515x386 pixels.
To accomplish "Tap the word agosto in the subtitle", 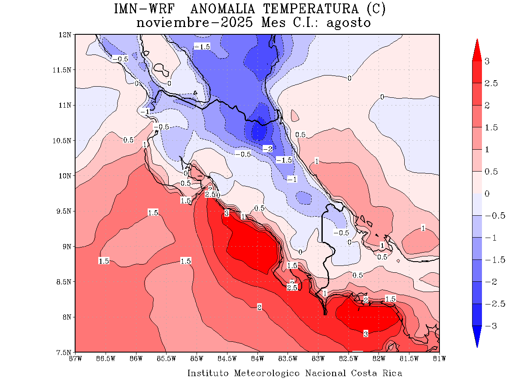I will pyautogui.click(x=348, y=22).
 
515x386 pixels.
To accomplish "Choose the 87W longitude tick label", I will pyautogui.click(x=76, y=358).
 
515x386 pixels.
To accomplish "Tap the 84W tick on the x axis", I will pyautogui.click(x=257, y=358).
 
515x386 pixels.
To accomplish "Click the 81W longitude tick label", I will pyautogui.click(x=439, y=358).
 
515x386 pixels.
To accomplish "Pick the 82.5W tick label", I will pyautogui.click(x=348, y=358).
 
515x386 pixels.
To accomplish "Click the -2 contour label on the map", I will pyautogui.click(x=268, y=148).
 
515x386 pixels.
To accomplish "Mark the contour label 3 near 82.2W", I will pyautogui.click(x=366, y=334).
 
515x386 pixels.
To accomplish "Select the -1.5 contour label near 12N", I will pyautogui.click(x=202, y=46).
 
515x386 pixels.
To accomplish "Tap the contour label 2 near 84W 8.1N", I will pyautogui.click(x=259, y=307).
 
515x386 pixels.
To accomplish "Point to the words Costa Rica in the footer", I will pyautogui.click(x=376, y=373).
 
